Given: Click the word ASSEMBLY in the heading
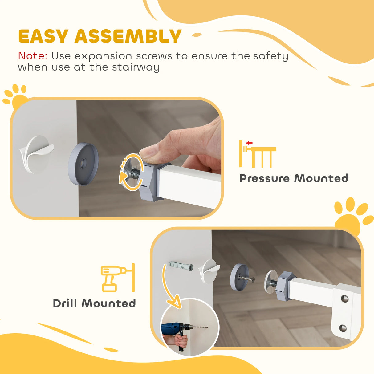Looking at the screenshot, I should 128,36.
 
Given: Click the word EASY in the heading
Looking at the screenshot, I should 43,36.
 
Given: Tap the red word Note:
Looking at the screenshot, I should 33,56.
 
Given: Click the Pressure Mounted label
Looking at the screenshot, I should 294,178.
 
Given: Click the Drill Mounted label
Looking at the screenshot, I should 94,303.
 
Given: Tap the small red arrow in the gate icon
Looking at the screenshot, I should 249,143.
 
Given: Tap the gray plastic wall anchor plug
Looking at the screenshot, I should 181,265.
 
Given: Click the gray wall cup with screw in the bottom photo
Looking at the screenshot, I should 240,277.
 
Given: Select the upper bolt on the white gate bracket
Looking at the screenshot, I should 344,298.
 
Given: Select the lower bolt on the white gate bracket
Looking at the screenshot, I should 343,328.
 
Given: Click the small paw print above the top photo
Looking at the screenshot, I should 15,96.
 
